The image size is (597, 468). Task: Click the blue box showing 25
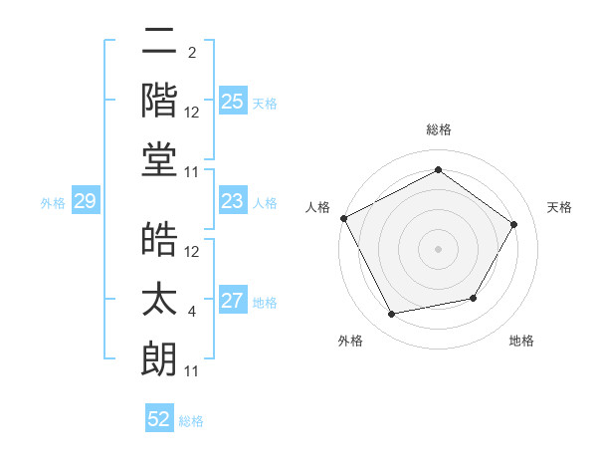[232, 102]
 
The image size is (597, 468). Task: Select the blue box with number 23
[232, 202]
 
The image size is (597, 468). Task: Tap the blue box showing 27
[232, 302]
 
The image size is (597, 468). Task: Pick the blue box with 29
[85, 202]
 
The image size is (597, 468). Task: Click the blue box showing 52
[159, 419]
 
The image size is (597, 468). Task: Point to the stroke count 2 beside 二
[191, 53]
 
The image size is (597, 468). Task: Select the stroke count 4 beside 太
[191, 312]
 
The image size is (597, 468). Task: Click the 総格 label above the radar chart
[438, 129]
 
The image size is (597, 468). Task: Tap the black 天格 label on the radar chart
[559, 207]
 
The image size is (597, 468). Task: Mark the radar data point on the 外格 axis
[391, 315]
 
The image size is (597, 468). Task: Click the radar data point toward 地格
[474, 298]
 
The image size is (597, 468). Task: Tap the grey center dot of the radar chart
[438, 248]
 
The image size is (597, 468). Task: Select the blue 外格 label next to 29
[53, 203]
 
